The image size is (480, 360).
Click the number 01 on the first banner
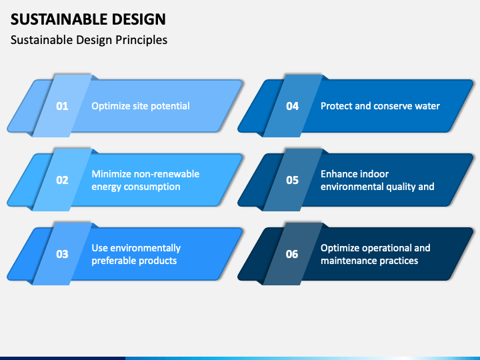coord(62,106)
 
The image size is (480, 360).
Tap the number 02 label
coord(62,180)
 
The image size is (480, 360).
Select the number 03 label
coord(62,254)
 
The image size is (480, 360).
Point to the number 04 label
coord(293,106)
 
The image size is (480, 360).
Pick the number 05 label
coord(293,180)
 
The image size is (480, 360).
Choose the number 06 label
coord(292,254)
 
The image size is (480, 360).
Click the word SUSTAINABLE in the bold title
coord(59,19)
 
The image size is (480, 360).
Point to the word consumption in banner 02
coord(152,187)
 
